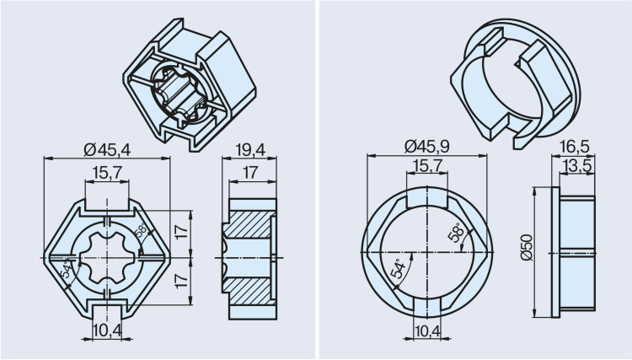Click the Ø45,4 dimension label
click(107, 150)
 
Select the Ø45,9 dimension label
click(427, 147)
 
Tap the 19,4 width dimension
click(250, 150)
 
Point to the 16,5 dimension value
click(575, 147)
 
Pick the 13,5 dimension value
click(577, 165)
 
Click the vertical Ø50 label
click(527, 248)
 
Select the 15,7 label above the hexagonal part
click(107, 173)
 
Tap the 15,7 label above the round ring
click(427, 165)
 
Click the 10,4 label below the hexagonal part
click(107, 330)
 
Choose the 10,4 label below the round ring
click(427, 330)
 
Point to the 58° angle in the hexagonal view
click(142, 231)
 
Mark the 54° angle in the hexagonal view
click(67, 268)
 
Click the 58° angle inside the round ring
click(455, 233)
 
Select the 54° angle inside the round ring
click(399, 269)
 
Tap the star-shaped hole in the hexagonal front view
click(107, 257)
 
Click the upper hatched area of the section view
click(246, 224)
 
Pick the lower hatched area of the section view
click(247, 291)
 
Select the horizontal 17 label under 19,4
click(250, 173)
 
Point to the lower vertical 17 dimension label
click(182, 281)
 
